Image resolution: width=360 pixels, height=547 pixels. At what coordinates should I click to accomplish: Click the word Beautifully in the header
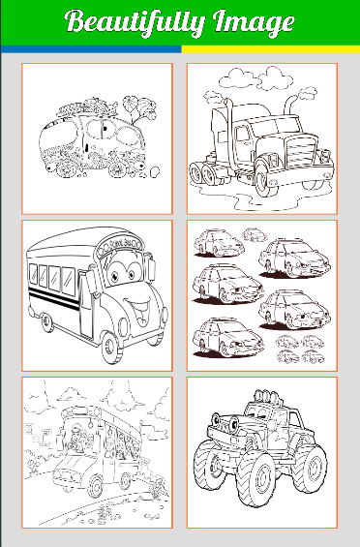tap(135, 22)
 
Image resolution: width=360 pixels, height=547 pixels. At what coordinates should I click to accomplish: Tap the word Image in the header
tap(254, 22)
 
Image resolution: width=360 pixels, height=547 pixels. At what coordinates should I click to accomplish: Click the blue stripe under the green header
tap(91, 49)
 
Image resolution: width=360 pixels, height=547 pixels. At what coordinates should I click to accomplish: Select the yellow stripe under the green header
tap(271, 49)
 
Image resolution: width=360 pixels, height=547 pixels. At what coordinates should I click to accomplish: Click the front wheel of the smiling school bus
tap(111, 348)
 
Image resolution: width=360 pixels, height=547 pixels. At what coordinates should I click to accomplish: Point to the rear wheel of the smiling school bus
tap(46, 322)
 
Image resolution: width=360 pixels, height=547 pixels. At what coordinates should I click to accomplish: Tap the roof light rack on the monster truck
tap(267, 397)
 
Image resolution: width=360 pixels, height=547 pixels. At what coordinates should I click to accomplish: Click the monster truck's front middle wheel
tap(256, 478)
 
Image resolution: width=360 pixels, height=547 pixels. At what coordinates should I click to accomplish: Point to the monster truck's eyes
tap(225, 421)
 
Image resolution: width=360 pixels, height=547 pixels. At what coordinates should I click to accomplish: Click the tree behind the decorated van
tap(139, 108)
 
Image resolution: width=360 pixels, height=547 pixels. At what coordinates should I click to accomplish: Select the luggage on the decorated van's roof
tap(87, 106)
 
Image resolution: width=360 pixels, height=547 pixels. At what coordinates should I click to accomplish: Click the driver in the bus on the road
tap(75, 439)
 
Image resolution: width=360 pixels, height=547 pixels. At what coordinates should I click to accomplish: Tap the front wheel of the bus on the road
tap(95, 487)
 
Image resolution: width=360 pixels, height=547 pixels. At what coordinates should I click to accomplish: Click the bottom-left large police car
tap(227, 337)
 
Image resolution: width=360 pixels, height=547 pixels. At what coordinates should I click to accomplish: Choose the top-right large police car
tap(294, 258)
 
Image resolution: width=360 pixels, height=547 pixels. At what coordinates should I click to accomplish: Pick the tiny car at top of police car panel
tap(255, 235)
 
